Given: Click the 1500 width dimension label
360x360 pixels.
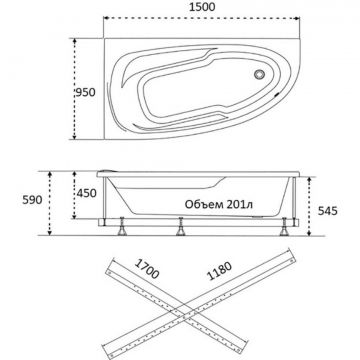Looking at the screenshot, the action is point(202,7).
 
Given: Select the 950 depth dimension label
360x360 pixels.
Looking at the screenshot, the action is point(85,92).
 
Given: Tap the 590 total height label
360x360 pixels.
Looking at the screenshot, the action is point(32,200).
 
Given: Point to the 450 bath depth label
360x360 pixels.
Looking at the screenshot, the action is point(86,193).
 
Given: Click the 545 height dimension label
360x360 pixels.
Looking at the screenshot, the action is point(328,211).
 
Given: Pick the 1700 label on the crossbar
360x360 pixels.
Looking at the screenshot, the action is point(147,269).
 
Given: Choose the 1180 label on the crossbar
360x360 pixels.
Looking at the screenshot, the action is point(219,271).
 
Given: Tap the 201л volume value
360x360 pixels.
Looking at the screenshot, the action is point(239,204).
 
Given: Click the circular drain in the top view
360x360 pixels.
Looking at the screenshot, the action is point(259,74).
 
